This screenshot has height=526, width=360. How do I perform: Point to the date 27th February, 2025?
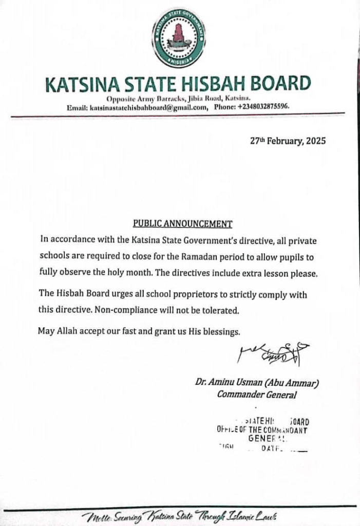[x=288, y=141]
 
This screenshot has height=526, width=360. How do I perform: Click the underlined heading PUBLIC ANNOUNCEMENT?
[x=182, y=223]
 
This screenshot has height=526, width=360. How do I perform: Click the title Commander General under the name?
[x=256, y=394]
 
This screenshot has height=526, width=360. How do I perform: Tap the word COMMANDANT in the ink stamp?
[x=285, y=430]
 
